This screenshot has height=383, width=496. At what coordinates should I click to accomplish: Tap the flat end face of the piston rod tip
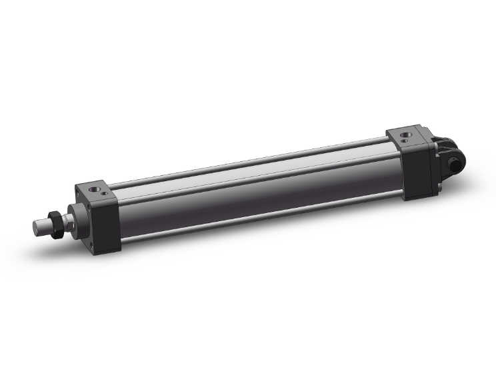tap(35, 228)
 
